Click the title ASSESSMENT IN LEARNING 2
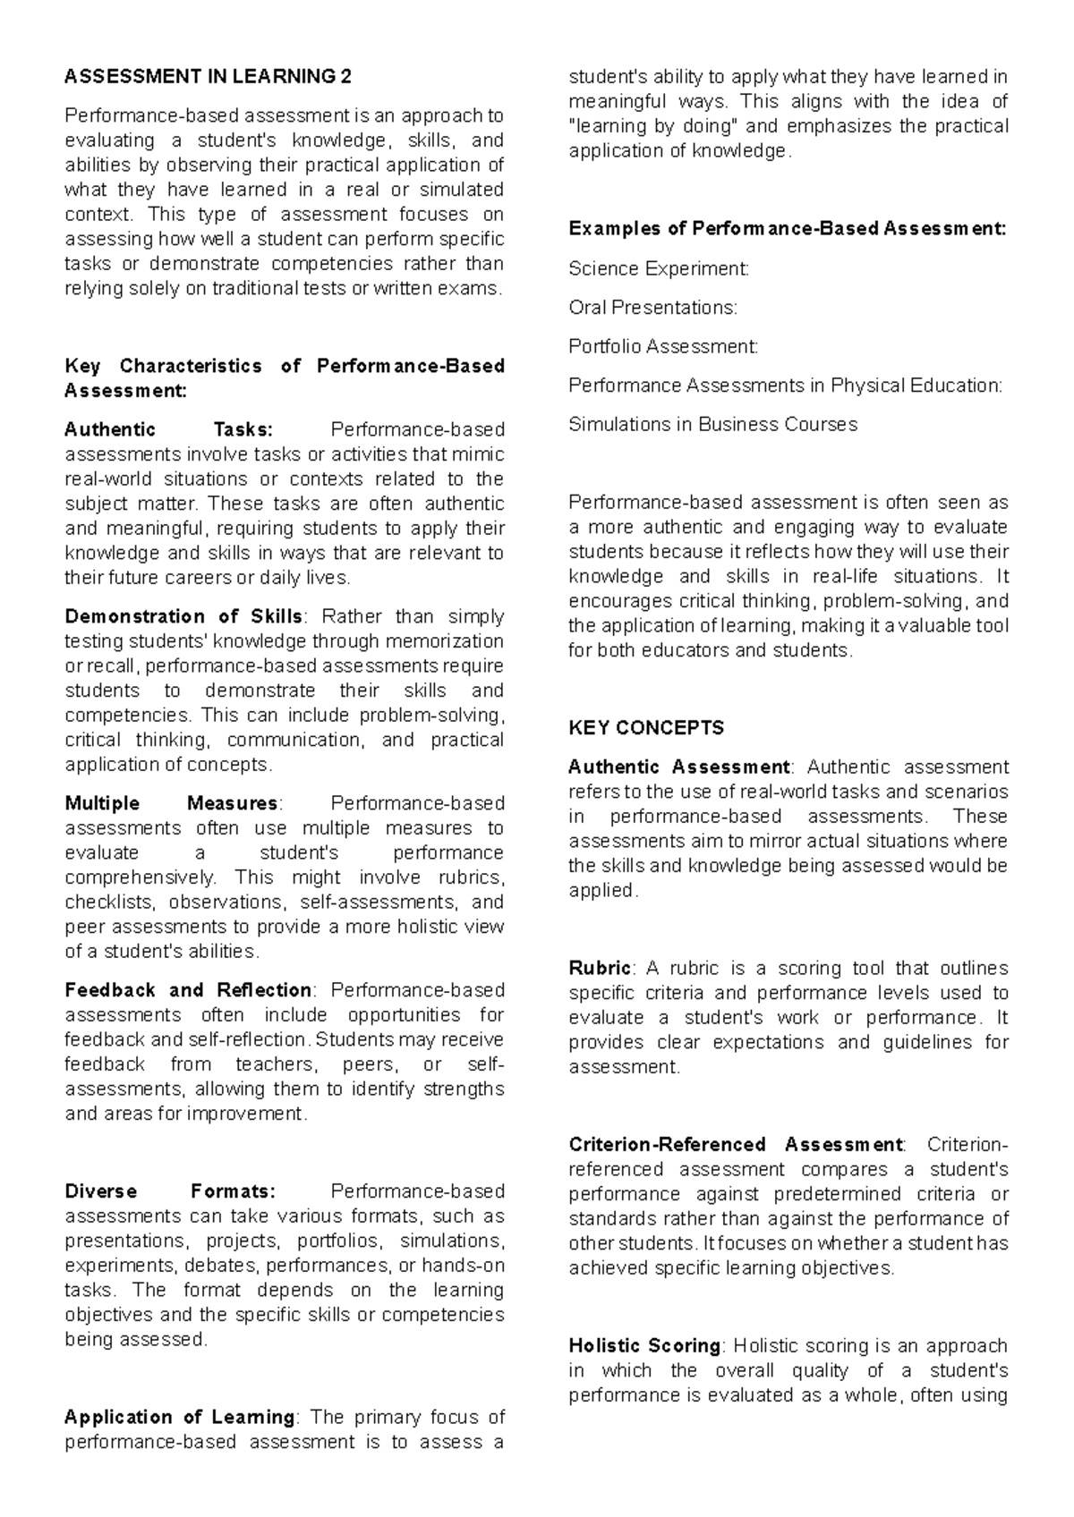coord(208,77)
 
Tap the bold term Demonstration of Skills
coord(183,616)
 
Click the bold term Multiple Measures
coord(172,803)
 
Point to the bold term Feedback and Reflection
coord(188,990)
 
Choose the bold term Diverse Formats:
coord(170,1191)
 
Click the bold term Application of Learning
coord(180,1417)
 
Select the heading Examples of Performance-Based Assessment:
coord(788,229)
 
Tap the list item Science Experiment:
coord(659,268)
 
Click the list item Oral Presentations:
coord(653,308)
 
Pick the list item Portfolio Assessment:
coord(663,346)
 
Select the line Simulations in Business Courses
coord(712,424)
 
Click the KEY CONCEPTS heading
coord(646,728)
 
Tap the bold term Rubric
coord(600,968)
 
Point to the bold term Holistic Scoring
coord(644,1345)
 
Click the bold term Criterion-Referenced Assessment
coord(736,1144)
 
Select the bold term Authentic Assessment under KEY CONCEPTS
coord(679,767)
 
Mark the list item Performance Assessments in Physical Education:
coord(786,386)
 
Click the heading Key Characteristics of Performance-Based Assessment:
coord(285,377)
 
